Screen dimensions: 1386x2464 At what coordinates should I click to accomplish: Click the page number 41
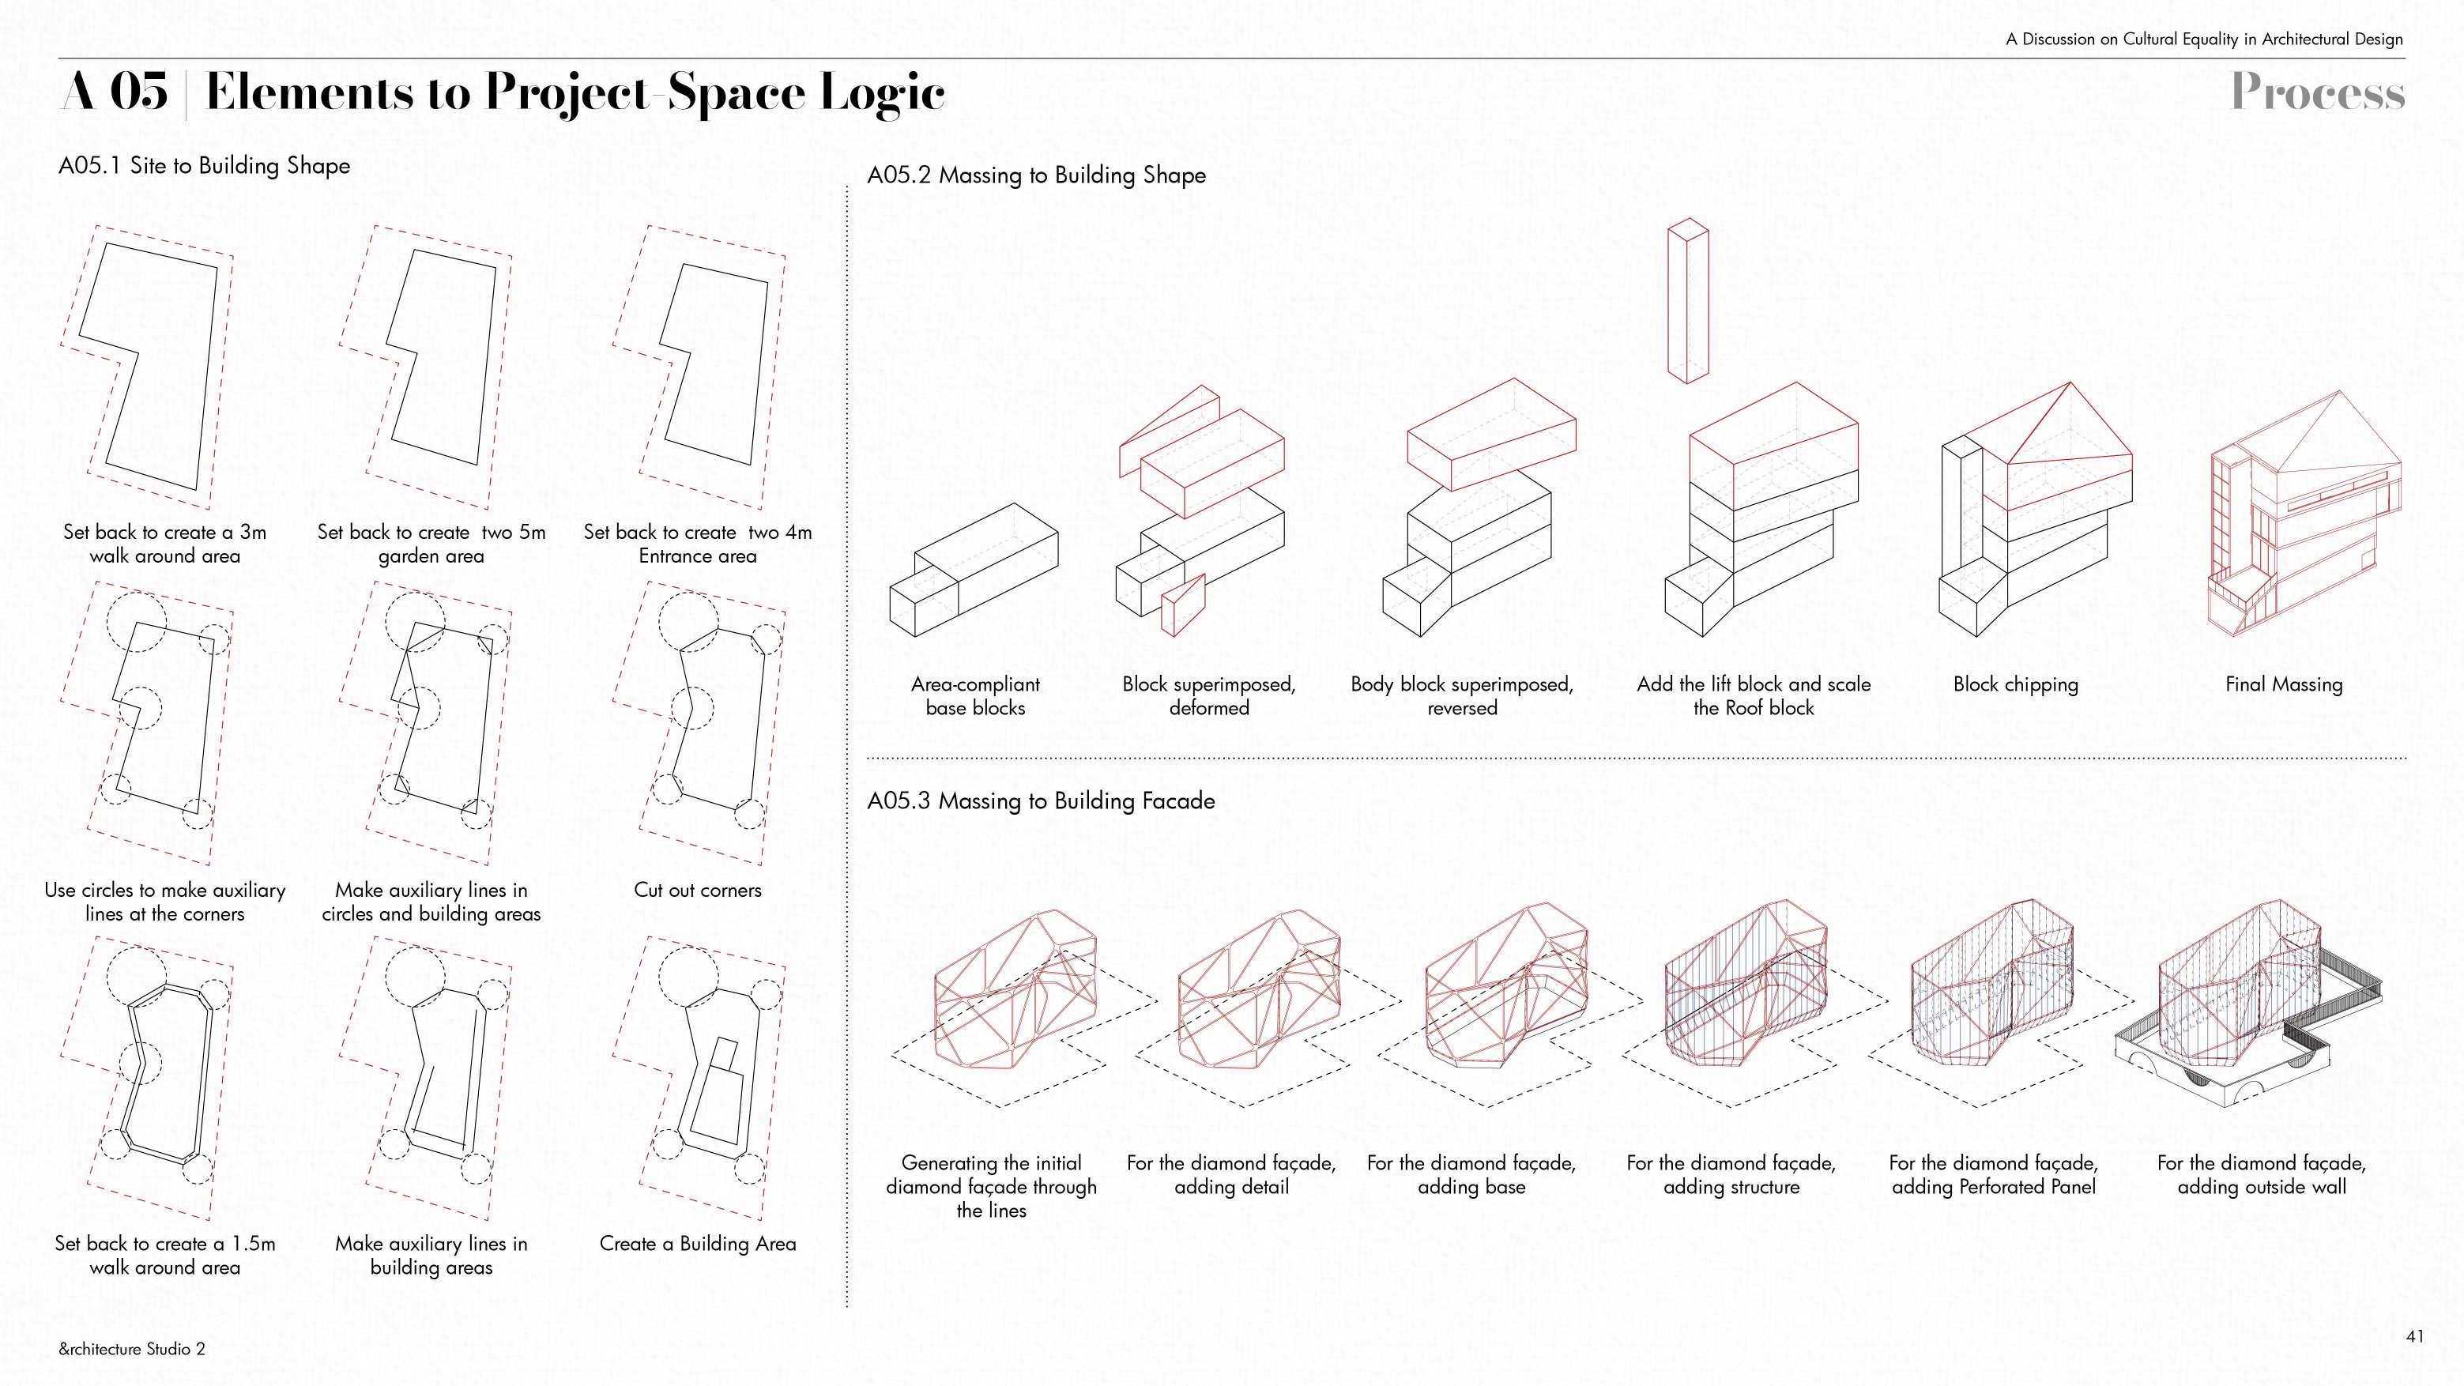point(2414,1335)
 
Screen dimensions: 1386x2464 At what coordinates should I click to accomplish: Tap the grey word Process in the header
point(2317,92)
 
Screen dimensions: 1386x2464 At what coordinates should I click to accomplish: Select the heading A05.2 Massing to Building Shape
point(1036,175)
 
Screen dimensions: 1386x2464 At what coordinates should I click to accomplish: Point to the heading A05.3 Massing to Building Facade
point(1041,800)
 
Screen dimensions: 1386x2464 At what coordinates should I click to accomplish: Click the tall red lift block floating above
point(1687,301)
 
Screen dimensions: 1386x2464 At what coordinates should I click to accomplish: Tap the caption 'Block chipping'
point(2015,684)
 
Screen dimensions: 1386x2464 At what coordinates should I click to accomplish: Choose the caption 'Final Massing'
point(2283,684)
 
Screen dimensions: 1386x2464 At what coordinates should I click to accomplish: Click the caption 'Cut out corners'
point(697,890)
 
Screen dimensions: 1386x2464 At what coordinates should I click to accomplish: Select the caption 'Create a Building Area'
point(697,1244)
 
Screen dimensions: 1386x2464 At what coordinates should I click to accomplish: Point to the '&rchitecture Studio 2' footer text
point(131,1349)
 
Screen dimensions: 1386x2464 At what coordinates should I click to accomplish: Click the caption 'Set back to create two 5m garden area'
point(431,544)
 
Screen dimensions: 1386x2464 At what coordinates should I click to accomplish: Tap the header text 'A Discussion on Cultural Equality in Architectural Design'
point(2204,40)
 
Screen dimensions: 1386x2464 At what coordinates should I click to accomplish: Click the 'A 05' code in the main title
point(115,92)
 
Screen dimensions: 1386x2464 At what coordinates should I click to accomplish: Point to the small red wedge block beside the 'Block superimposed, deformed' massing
point(1182,605)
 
